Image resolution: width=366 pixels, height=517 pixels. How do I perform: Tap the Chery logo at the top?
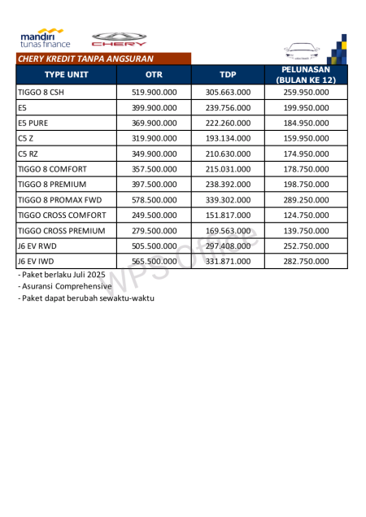(x=119, y=39)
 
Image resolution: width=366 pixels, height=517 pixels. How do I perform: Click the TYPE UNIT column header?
(x=67, y=75)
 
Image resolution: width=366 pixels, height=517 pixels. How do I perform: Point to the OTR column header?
(x=154, y=75)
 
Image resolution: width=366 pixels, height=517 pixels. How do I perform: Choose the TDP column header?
(x=228, y=75)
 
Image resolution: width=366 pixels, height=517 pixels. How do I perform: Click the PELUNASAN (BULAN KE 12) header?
(x=306, y=75)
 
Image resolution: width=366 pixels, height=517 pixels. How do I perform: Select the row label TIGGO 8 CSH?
(x=40, y=93)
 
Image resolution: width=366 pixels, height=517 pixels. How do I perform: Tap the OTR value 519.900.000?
(x=154, y=93)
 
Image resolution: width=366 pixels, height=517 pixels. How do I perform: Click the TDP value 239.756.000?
(x=228, y=107)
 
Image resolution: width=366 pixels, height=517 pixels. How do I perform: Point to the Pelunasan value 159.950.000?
(x=306, y=138)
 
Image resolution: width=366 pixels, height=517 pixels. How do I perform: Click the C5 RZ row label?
(x=28, y=154)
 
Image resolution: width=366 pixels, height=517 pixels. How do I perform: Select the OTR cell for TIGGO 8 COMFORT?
(x=154, y=169)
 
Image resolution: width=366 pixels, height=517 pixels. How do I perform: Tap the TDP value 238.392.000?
(x=228, y=185)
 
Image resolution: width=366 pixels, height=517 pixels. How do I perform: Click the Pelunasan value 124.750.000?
(x=306, y=215)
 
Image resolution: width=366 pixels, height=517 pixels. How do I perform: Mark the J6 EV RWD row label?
(x=37, y=246)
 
